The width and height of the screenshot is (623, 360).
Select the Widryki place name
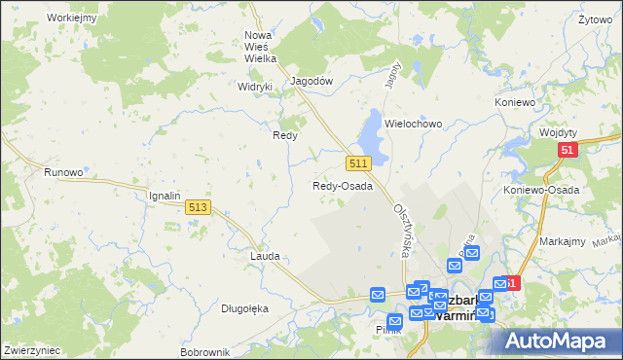pyautogui.click(x=255, y=85)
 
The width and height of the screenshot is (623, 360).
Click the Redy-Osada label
pyautogui.click(x=343, y=186)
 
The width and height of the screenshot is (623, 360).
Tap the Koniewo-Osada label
pyautogui.click(x=542, y=191)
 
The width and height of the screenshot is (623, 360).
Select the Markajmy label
pyautogui.click(x=562, y=240)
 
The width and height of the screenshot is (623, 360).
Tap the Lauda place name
pyautogui.click(x=265, y=256)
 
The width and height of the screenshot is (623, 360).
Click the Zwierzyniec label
pyautogui.click(x=32, y=350)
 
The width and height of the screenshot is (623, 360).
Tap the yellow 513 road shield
pyautogui.click(x=199, y=206)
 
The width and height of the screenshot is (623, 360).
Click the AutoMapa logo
pyautogui.click(x=558, y=342)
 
